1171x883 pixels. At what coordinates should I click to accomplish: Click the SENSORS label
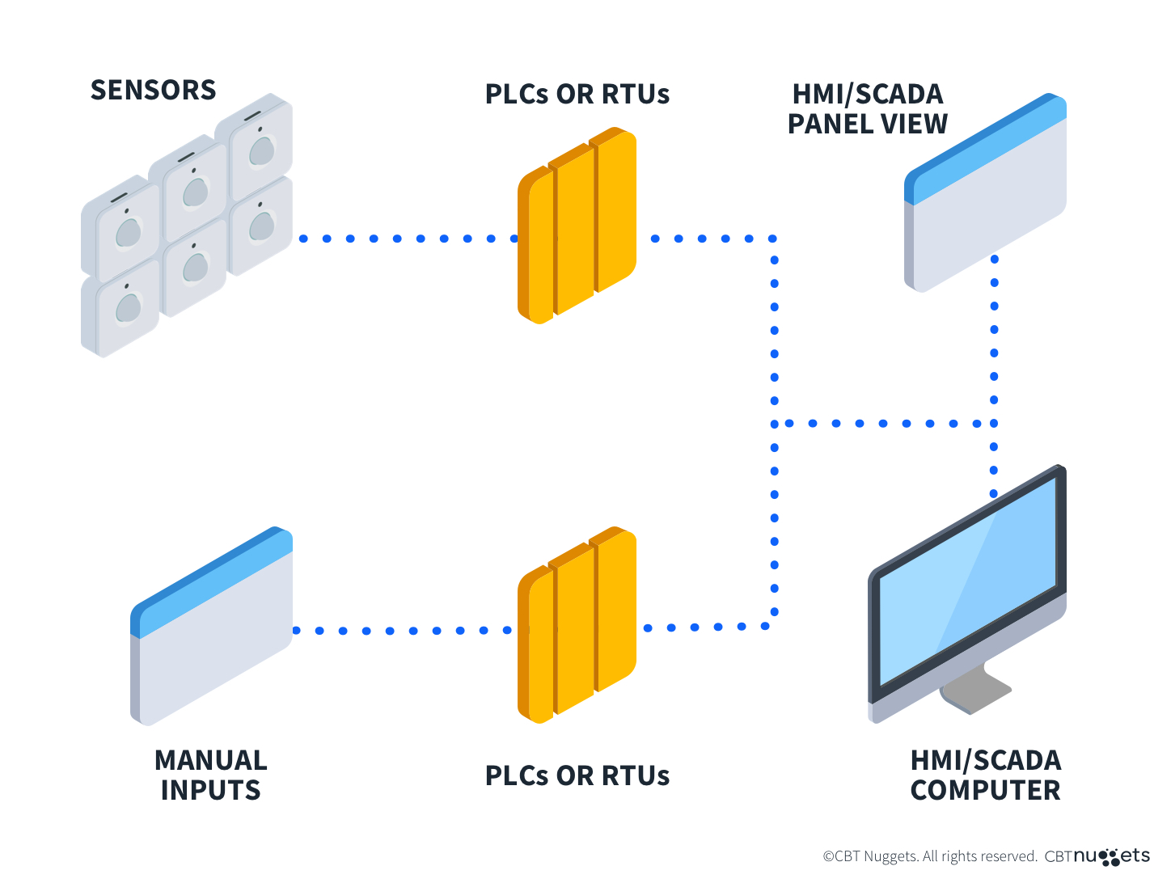click(x=153, y=90)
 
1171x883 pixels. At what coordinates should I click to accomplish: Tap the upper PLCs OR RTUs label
click(x=577, y=94)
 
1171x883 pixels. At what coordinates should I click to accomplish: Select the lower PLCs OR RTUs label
click(x=577, y=775)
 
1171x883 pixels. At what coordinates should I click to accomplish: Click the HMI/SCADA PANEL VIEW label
click(x=867, y=108)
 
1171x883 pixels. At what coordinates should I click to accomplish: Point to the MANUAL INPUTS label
click(x=210, y=775)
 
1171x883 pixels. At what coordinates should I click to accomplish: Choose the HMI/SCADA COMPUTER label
click(x=985, y=775)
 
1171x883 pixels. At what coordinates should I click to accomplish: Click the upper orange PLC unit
click(x=577, y=226)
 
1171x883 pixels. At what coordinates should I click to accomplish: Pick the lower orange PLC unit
click(x=577, y=625)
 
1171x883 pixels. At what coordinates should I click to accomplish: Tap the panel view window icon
click(x=987, y=202)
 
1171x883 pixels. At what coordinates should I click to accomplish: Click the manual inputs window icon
click(x=212, y=639)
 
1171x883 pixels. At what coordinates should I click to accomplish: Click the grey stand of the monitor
click(x=974, y=691)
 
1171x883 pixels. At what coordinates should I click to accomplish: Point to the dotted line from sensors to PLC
click(x=408, y=239)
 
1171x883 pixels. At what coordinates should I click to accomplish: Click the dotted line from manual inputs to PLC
click(x=402, y=631)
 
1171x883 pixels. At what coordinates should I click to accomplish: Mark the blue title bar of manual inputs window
click(x=212, y=581)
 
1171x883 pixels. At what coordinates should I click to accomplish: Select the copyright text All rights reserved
click(x=930, y=856)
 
